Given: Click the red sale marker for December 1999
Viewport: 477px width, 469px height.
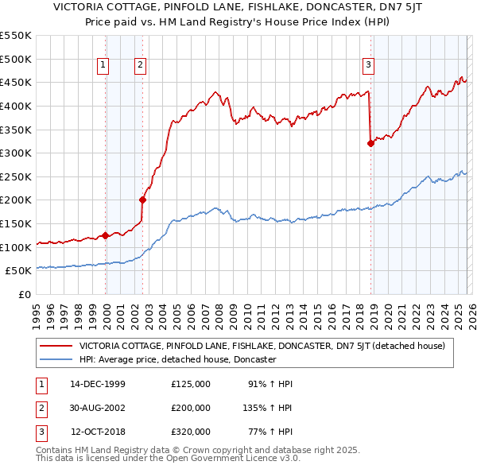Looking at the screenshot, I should pyautogui.click(x=106, y=235).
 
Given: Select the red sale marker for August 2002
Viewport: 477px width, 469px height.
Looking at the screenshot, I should pyautogui.click(x=143, y=200).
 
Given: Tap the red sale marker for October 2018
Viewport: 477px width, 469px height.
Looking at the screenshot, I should pyautogui.click(x=370, y=143).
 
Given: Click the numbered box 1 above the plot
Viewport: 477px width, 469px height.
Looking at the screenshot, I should pyautogui.click(x=104, y=66).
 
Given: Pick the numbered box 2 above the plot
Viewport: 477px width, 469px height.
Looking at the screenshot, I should pyautogui.click(x=140, y=66).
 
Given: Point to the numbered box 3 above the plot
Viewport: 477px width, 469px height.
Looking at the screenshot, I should pyautogui.click(x=369, y=66).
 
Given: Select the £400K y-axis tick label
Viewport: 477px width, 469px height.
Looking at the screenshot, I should pyautogui.click(x=16, y=106).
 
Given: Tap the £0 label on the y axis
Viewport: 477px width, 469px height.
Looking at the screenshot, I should pyautogui.click(x=24, y=294).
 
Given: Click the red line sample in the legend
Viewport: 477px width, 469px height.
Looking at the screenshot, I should pyautogui.click(x=56, y=346).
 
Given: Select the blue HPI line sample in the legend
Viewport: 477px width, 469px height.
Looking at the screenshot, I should pyautogui.click(x=56, y=359).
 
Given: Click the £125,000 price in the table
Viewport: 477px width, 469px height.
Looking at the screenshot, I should pyautogui.click(x=191, y=384).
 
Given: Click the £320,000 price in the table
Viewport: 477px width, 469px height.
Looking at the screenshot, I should pyautogui.click(x=191, y=432).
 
